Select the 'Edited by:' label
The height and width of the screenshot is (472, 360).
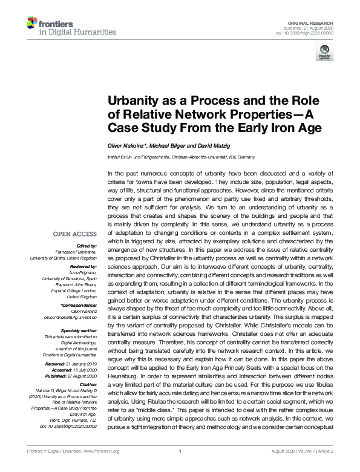click(85, 246)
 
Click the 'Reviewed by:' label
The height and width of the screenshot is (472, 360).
click(82, 266)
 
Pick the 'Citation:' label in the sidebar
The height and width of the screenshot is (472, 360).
click(86, 384)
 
